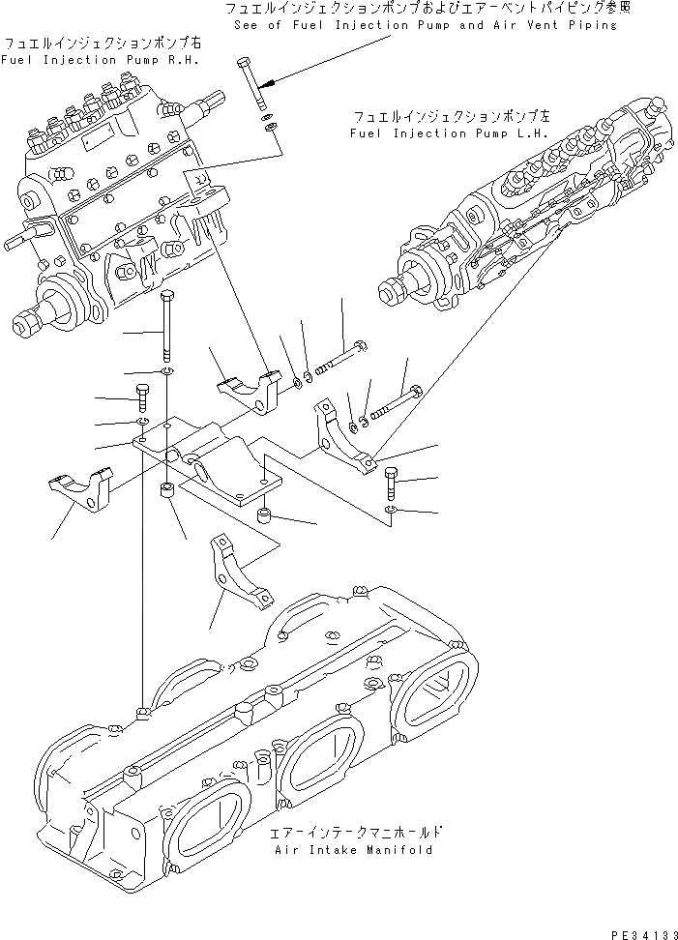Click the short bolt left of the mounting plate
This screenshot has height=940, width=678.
pyautogui.click(x=141, y=398)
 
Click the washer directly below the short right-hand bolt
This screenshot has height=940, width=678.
pyautogui.click(x=390, y=509)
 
